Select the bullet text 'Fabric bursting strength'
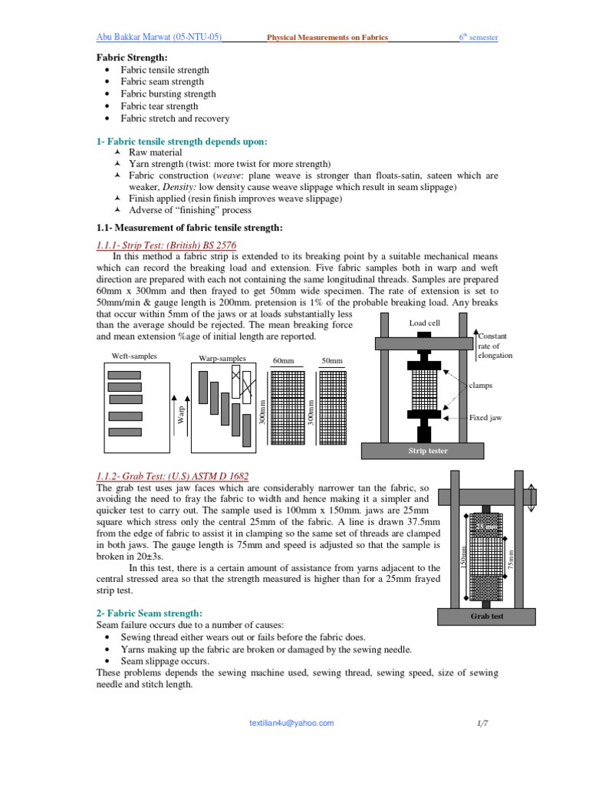[x=168, y=94]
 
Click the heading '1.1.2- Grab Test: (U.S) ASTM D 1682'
[x=173, y=476]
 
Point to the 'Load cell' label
[x=424, y=323]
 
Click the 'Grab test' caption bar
[x=487, y=616]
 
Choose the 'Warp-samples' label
[x=222, y=358]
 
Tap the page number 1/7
[x=481, y=723]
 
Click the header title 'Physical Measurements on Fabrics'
[x=327, y=38]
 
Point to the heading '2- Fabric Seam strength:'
[x=149, y=613]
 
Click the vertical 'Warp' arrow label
[x=182, y=415]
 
